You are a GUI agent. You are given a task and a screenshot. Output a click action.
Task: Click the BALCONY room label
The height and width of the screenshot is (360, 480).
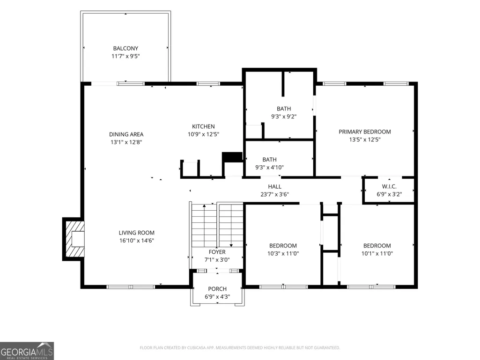click(126, 48)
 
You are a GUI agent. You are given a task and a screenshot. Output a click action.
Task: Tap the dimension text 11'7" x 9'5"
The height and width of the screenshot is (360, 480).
click(126, 56)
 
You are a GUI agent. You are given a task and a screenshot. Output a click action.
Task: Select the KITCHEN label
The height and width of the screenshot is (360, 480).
click(203, 126)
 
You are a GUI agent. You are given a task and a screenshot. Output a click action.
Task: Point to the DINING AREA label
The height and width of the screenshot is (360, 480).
click(126, 134)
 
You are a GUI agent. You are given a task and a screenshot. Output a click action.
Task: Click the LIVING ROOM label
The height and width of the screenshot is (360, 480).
click(137, 233)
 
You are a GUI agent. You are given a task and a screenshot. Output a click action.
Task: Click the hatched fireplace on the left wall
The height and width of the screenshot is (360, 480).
click(74, 239)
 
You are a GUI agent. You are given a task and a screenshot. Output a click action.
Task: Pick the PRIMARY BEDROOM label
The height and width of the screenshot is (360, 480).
click(365, 132)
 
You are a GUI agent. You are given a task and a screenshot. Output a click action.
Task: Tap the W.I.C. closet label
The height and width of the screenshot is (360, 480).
click(389, 186)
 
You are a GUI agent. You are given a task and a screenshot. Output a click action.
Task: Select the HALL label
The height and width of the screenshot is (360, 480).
click(274, 186)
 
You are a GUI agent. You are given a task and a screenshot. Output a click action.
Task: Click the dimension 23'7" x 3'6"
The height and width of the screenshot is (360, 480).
click(274, 194)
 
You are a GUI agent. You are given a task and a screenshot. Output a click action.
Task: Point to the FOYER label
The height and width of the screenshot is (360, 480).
click(217, 252)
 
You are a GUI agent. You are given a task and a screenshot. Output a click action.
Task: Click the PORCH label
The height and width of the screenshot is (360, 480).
click(217, 289)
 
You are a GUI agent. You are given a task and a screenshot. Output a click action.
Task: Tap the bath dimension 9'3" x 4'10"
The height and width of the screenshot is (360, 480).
click(269, 167)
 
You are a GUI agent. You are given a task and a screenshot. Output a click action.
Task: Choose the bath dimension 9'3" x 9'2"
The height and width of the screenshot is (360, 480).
click(284, 116)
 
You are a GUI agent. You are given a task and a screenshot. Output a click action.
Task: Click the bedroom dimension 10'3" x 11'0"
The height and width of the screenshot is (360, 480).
click(283, 253)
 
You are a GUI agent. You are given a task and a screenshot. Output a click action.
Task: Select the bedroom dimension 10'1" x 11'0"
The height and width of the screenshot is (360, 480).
click(377, 253)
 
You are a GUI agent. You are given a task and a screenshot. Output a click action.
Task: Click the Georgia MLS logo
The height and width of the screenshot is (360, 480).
click(27, 351)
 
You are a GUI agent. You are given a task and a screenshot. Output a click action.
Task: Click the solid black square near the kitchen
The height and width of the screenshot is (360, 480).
click(232, 157)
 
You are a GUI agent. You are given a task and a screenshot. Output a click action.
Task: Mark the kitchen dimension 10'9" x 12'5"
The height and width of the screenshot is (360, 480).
click(203, 134)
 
